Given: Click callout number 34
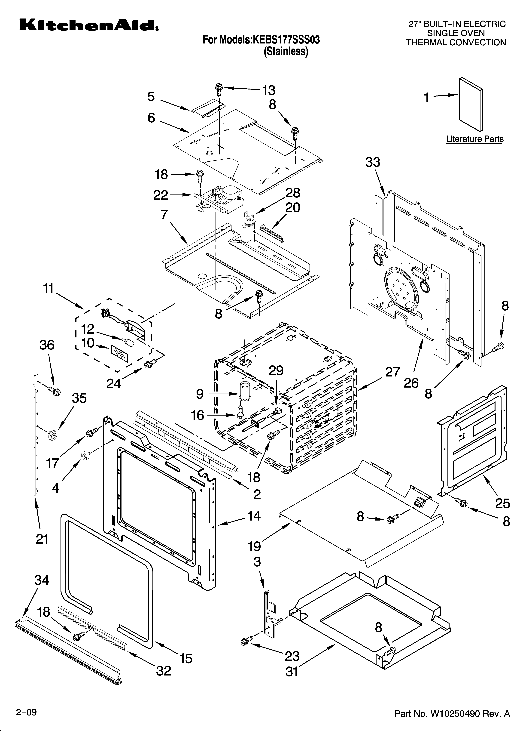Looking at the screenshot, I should [x=42, y=580].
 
